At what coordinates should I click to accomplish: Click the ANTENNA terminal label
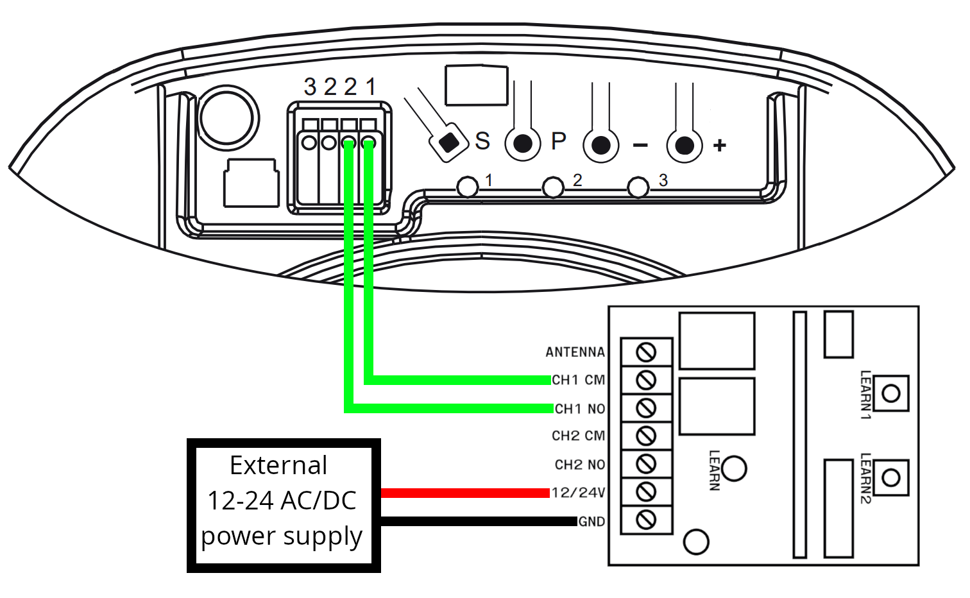pos(575,352)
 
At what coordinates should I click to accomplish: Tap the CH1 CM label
pos(578,380)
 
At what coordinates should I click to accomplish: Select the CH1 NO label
pos(580,409)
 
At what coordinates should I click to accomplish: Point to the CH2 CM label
pos(578,436)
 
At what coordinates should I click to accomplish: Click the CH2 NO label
pos(580,465)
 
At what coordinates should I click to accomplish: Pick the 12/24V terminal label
pos(578,493)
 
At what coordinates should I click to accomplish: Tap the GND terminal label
pos(591,522)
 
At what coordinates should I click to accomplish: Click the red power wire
pos(465,493)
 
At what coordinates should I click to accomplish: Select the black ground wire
pos(478,522)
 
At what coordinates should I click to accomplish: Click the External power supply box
pos(283,505)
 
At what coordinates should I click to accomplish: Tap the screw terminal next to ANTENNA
pos(646,352)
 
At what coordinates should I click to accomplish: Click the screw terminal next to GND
pos(646,519)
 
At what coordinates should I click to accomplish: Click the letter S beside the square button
pos(482,141)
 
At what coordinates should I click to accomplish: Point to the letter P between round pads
pos(559,141)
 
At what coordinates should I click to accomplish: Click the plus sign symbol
pos(720,146)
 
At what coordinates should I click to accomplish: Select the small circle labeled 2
pos(553,188)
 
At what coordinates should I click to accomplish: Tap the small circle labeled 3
pos(638,188)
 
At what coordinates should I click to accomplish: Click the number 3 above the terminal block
pos(311,87)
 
